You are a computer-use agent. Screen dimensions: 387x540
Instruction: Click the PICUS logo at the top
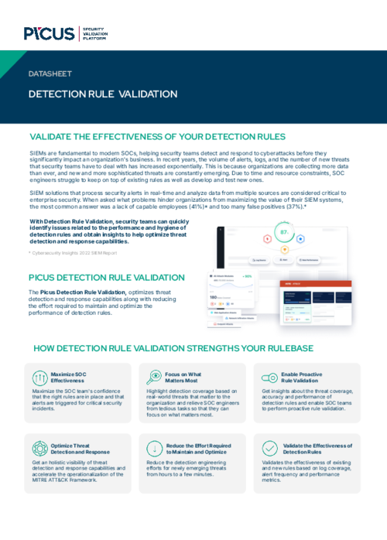[x=49, y=33]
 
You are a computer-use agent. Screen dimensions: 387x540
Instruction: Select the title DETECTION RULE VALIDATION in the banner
[x=103, y=94]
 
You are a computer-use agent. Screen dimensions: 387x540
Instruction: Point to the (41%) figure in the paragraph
[x=217, y=207]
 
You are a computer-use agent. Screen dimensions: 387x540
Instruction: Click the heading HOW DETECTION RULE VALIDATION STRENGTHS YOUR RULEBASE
[x=193, y=348]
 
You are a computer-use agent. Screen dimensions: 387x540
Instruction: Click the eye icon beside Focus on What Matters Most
[x=154, y=377]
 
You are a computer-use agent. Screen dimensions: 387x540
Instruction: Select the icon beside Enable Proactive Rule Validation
[x=269, y=377]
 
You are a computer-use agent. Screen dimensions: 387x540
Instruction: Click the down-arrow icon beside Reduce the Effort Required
[x=154, y=448]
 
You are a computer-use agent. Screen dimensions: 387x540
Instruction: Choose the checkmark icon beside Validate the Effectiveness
[x=269, y=448]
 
